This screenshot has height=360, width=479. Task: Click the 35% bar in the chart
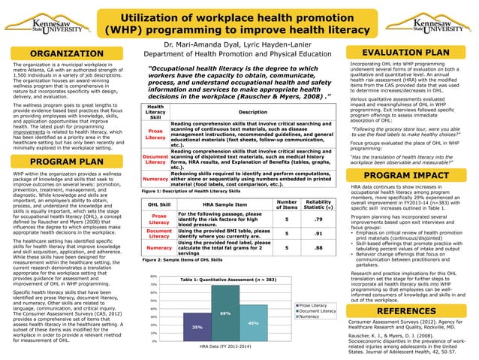[197, 328]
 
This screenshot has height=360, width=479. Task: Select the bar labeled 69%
[224, 313]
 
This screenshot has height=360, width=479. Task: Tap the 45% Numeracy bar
[253, 323]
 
